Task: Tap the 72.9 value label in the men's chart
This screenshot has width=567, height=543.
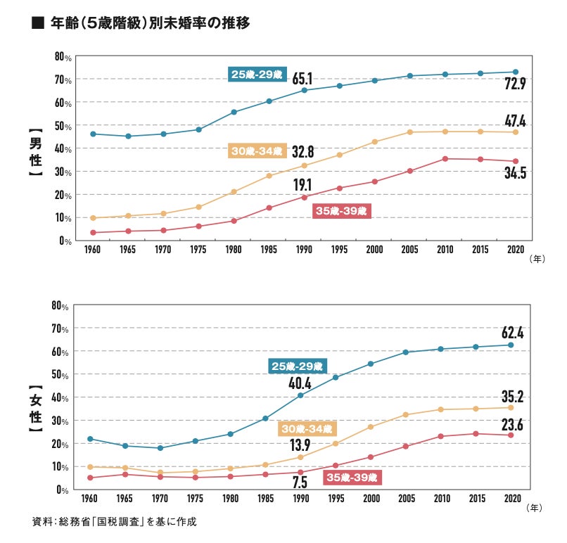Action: [x=515, y=84]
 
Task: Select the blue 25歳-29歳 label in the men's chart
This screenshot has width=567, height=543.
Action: [x=257, y=74]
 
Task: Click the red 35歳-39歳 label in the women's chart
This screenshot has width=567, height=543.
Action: [x=351, y=478]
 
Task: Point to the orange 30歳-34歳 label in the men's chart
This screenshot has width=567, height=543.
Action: [x=257, y=151]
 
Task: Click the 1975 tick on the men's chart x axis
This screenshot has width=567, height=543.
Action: [x=198, y=250]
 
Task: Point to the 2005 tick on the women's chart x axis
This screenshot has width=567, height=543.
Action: [x=406, y=498]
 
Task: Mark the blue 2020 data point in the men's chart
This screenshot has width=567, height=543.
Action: [x=516, y=72]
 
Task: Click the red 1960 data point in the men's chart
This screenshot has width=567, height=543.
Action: [x=93, y=232]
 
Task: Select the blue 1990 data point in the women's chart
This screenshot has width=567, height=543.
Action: [x=300, y=395]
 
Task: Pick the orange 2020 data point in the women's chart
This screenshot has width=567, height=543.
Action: [x=511, y=407]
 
